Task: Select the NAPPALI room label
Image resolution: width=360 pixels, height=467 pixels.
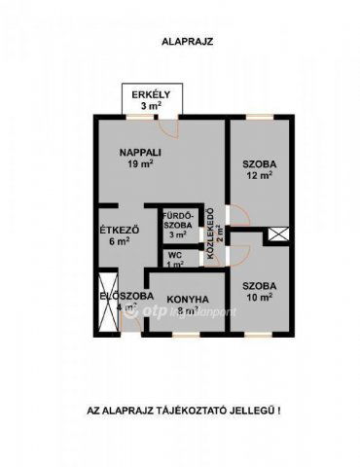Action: click(140, 152)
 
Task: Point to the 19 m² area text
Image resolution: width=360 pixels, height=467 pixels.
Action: click(140, 164)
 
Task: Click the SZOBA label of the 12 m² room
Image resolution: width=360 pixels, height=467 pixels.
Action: click(259, 164)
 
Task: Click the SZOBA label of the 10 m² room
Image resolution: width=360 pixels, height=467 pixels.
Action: click(259, 285)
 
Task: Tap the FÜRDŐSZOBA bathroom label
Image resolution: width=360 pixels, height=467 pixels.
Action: click(177, 219)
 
